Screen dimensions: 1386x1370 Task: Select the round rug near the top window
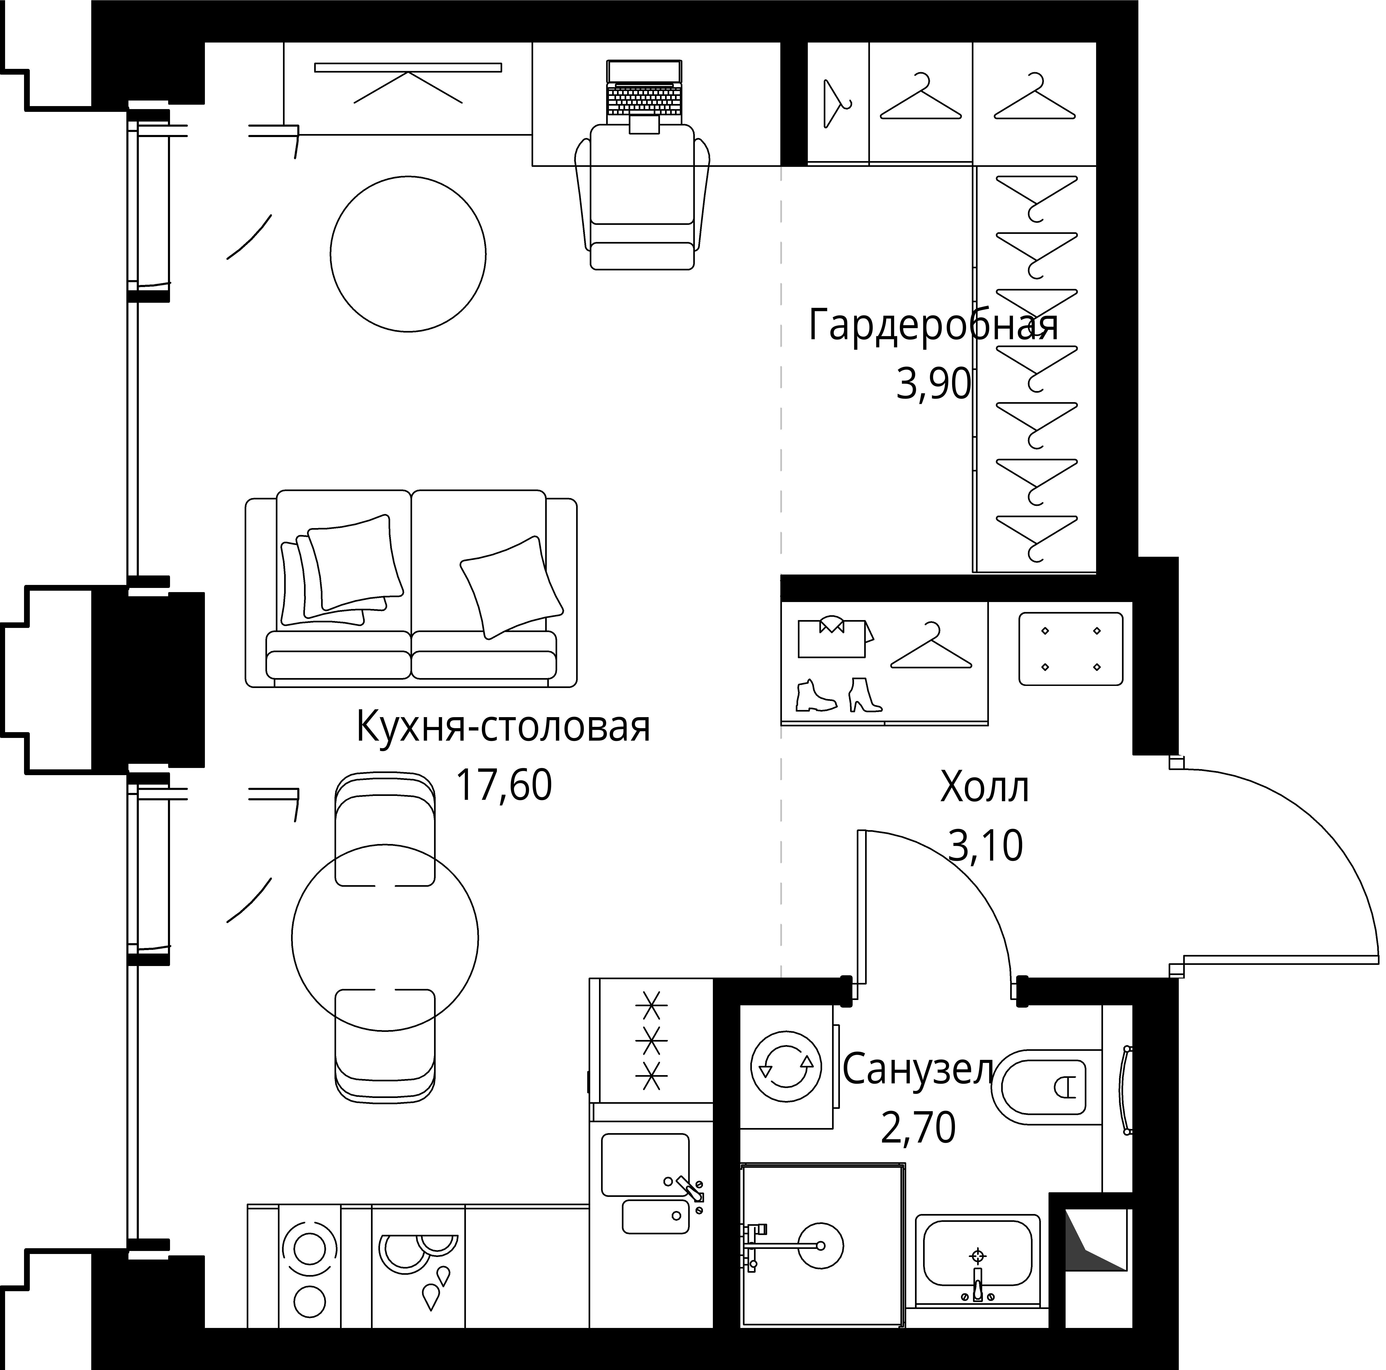408,255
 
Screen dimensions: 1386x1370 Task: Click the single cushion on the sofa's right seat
511,586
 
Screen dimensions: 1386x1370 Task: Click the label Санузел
918,1070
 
